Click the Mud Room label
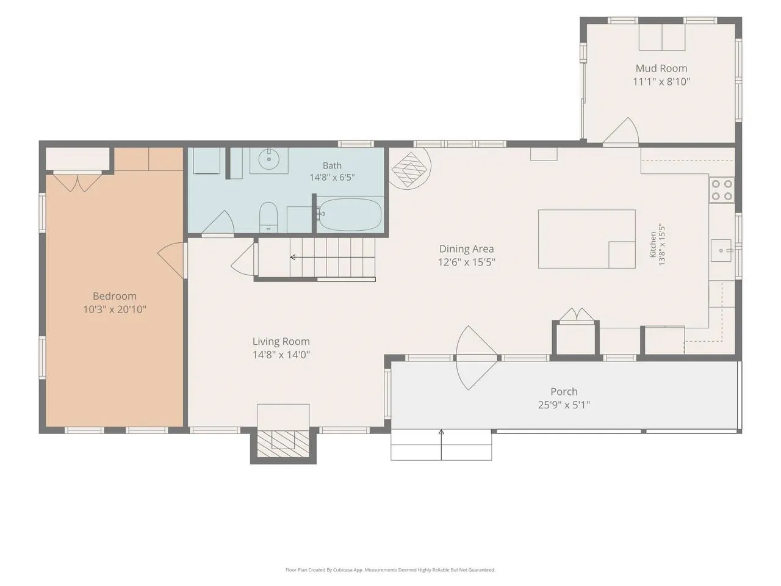[x=661, y=68]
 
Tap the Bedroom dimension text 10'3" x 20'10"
[x=115, y=309]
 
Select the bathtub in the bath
[x=350, y=214]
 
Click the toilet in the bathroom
[x=268, y=217]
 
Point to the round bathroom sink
[x=268, y=159]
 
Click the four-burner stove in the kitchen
[x=722, y=190]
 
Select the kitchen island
[x=587, y=239]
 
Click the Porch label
[x=564, y=391]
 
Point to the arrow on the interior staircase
[x=333, y=257]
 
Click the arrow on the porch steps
[x=441, y=445]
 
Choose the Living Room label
[x=281, y=342]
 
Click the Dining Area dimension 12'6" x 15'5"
[x=467, y=262]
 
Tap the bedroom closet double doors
[x=77, y=182]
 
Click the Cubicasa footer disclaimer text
[x=390, y=570]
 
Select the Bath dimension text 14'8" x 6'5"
[x=332, y=177]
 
